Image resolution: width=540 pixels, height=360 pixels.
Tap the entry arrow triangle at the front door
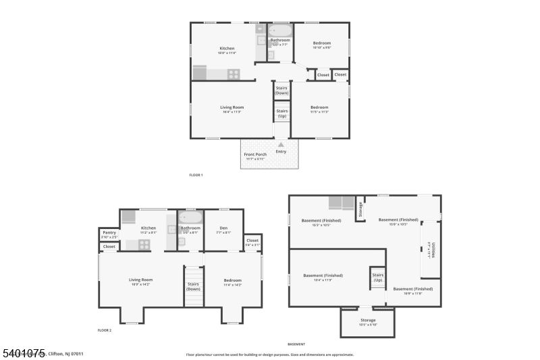coord(281,144)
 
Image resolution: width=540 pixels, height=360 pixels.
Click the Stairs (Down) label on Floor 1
coord(282,90)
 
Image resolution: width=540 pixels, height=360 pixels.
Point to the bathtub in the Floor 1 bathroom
coord(280,30)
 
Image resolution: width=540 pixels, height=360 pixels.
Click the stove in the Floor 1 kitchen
coord(234,74)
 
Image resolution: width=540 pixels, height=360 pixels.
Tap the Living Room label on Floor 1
coord(232,107)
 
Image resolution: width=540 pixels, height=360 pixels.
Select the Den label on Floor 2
coord(223,228)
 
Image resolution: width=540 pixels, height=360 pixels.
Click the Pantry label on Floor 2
coord(109,232)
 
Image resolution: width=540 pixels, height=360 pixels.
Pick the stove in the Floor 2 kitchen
coord(144,245)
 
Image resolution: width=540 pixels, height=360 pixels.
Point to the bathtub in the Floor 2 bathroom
coord(190,217)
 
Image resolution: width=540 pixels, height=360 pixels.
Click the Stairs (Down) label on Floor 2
coord(194,286)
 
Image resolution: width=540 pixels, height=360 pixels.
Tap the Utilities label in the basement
coord(433,250)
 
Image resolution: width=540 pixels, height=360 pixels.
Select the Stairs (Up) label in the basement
coord(377,277)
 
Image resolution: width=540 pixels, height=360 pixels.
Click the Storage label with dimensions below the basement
coord(368,320)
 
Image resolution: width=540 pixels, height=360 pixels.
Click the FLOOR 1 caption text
coord(196,175)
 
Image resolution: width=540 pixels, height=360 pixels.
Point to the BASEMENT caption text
coord(296,344)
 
